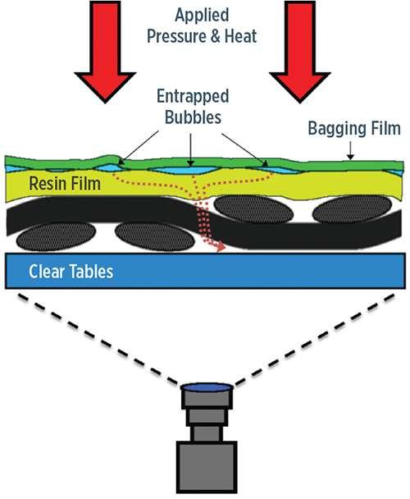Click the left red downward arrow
(x=105, y=51)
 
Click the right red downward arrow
(x=300, y=51)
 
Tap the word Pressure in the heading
(x=174, y=36)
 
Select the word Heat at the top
(x=240, y=35)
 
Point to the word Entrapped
(x=193, y=96)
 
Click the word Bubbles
(x=193, y=117)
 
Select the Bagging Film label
(x=354, y=129)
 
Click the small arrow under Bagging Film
(x=350, y=150)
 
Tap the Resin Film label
(x=65, y=184)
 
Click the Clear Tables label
(x=71, y=272)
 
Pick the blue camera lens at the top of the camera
(x=207, y=387)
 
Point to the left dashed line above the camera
(x=98, y=340)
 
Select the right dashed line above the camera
(x=315, y=340)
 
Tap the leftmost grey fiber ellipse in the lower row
(x=56, y=236)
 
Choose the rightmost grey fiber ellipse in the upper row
(x=352, y=208)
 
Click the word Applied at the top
(x=202, y=15)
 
